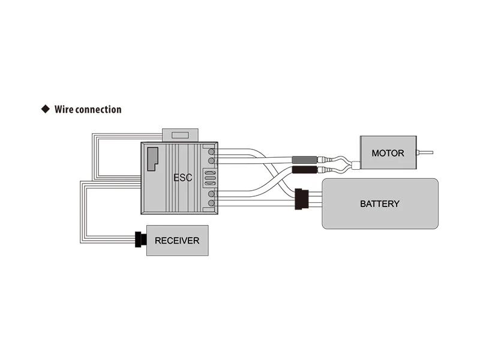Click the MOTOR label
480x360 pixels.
[x=388, y=153]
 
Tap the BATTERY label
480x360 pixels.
[x=379, y=203]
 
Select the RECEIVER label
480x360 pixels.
[x=177, y=241]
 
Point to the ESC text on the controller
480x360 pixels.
[x=183, y=178]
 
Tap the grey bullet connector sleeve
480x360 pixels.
[x=303, y=160]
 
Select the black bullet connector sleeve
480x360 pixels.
[x=303, y=170]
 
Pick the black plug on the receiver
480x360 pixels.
[x=140, y=239]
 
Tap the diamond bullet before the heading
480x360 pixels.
[x=44, y=109]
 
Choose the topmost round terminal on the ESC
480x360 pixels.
[x=211, y=152]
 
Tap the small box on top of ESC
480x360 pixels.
[x=181, y=135]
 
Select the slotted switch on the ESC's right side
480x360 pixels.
[x=210, y=178]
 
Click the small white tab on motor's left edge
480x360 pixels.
[x=356, y=164]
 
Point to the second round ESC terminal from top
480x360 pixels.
[x=211, y=161]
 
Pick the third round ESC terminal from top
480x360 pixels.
[x=211, y=194]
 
